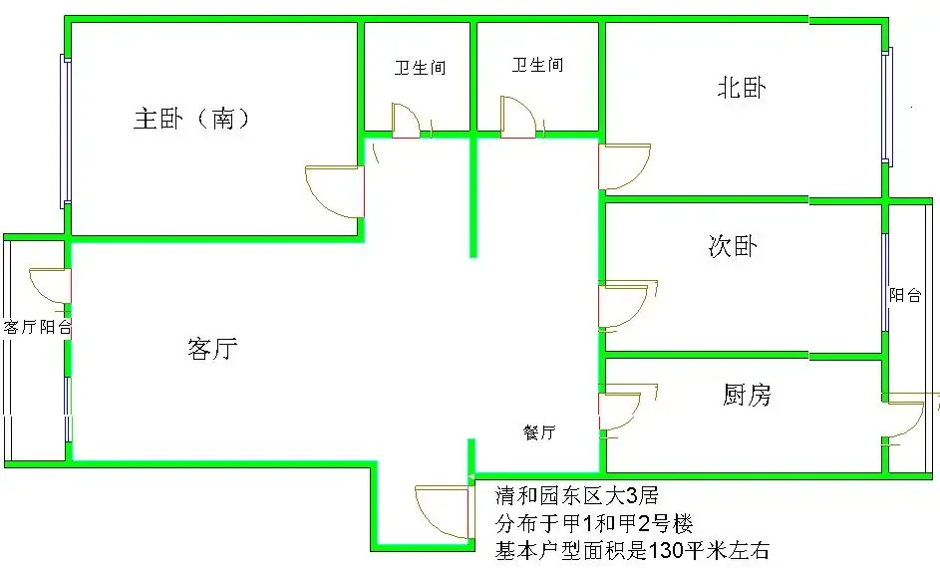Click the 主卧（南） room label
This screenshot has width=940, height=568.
(191, 118)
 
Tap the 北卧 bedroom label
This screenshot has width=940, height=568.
(742, 88)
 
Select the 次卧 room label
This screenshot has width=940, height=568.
(733, 246)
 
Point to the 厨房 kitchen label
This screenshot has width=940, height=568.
(747, 395)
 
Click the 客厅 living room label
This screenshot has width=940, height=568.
(212, 348)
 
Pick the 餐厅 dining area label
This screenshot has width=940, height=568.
(539, 432)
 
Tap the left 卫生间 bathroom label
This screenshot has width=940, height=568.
(421, 67)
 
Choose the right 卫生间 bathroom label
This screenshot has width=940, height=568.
(537, 64)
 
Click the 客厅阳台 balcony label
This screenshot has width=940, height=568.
(37, 327)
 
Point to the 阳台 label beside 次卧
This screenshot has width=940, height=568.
(905, 295)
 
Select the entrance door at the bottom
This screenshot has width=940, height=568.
(442, 512)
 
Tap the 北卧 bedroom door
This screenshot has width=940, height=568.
(625, 166)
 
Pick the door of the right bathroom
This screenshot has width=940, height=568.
(519, 117)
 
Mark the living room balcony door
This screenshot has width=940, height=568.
(51, 286)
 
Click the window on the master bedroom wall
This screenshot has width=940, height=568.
(66, 132)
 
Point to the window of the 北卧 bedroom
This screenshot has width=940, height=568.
(886, 106)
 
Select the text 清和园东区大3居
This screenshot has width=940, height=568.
(577, 495)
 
